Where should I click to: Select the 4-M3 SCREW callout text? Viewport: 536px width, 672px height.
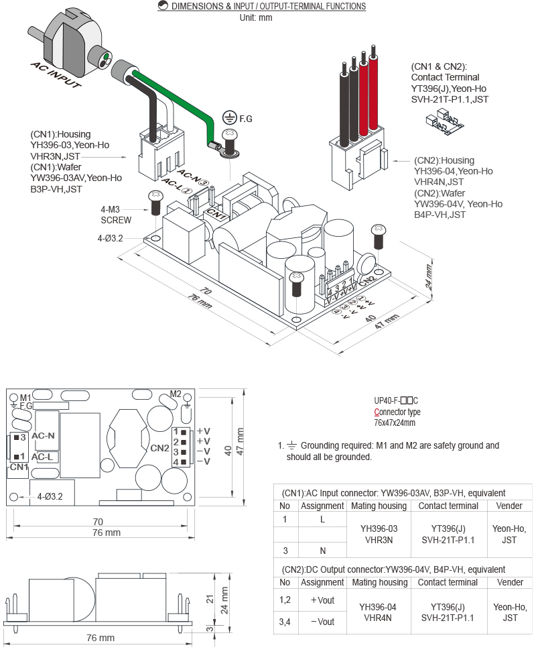117,214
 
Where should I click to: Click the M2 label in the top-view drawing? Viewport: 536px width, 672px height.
176,394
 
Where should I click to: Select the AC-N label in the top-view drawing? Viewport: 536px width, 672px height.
43,436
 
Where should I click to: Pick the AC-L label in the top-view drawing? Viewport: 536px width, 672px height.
42,457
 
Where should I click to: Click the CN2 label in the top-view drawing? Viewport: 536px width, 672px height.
159,447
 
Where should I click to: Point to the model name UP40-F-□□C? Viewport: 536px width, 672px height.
396,400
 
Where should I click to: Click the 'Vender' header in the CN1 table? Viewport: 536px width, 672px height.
511,506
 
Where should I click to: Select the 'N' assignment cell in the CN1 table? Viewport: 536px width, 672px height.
322,551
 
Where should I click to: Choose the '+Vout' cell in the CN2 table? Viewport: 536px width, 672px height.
322,600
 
